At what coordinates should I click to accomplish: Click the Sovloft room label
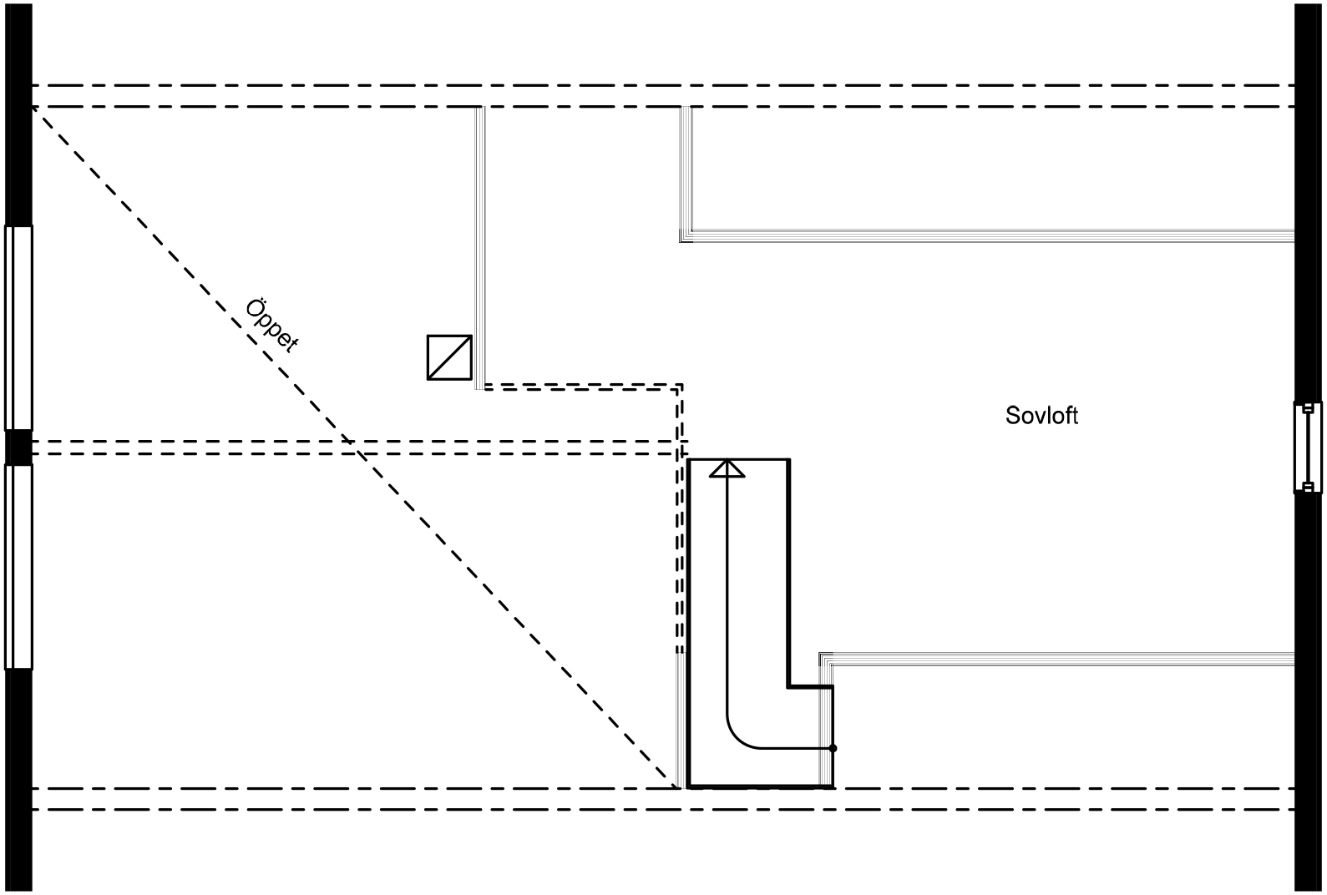tap(1041, 416)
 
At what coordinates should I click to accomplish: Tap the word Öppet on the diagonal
tap(271, 325)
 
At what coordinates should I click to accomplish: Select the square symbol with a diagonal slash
tap(449, 357)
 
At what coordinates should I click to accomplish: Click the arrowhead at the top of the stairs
tap(727, 468)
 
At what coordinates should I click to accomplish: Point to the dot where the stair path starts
tap(833, 748)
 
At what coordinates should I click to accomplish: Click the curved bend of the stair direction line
tap(738, 736)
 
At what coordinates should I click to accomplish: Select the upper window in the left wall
tap(18, 327)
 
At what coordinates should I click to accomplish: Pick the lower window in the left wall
tap(18, 567)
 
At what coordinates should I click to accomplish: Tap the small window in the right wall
tap(1308, 447)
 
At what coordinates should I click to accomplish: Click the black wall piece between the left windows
tap(18, 447)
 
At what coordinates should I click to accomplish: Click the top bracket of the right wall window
tap(1308, 408)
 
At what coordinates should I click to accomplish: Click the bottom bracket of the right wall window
tap(1308, 487)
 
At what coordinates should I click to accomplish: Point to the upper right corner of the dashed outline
tap(681, 386)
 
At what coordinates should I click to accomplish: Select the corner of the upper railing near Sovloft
tap(686, 237)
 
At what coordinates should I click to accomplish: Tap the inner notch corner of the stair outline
tap(789, 687)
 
